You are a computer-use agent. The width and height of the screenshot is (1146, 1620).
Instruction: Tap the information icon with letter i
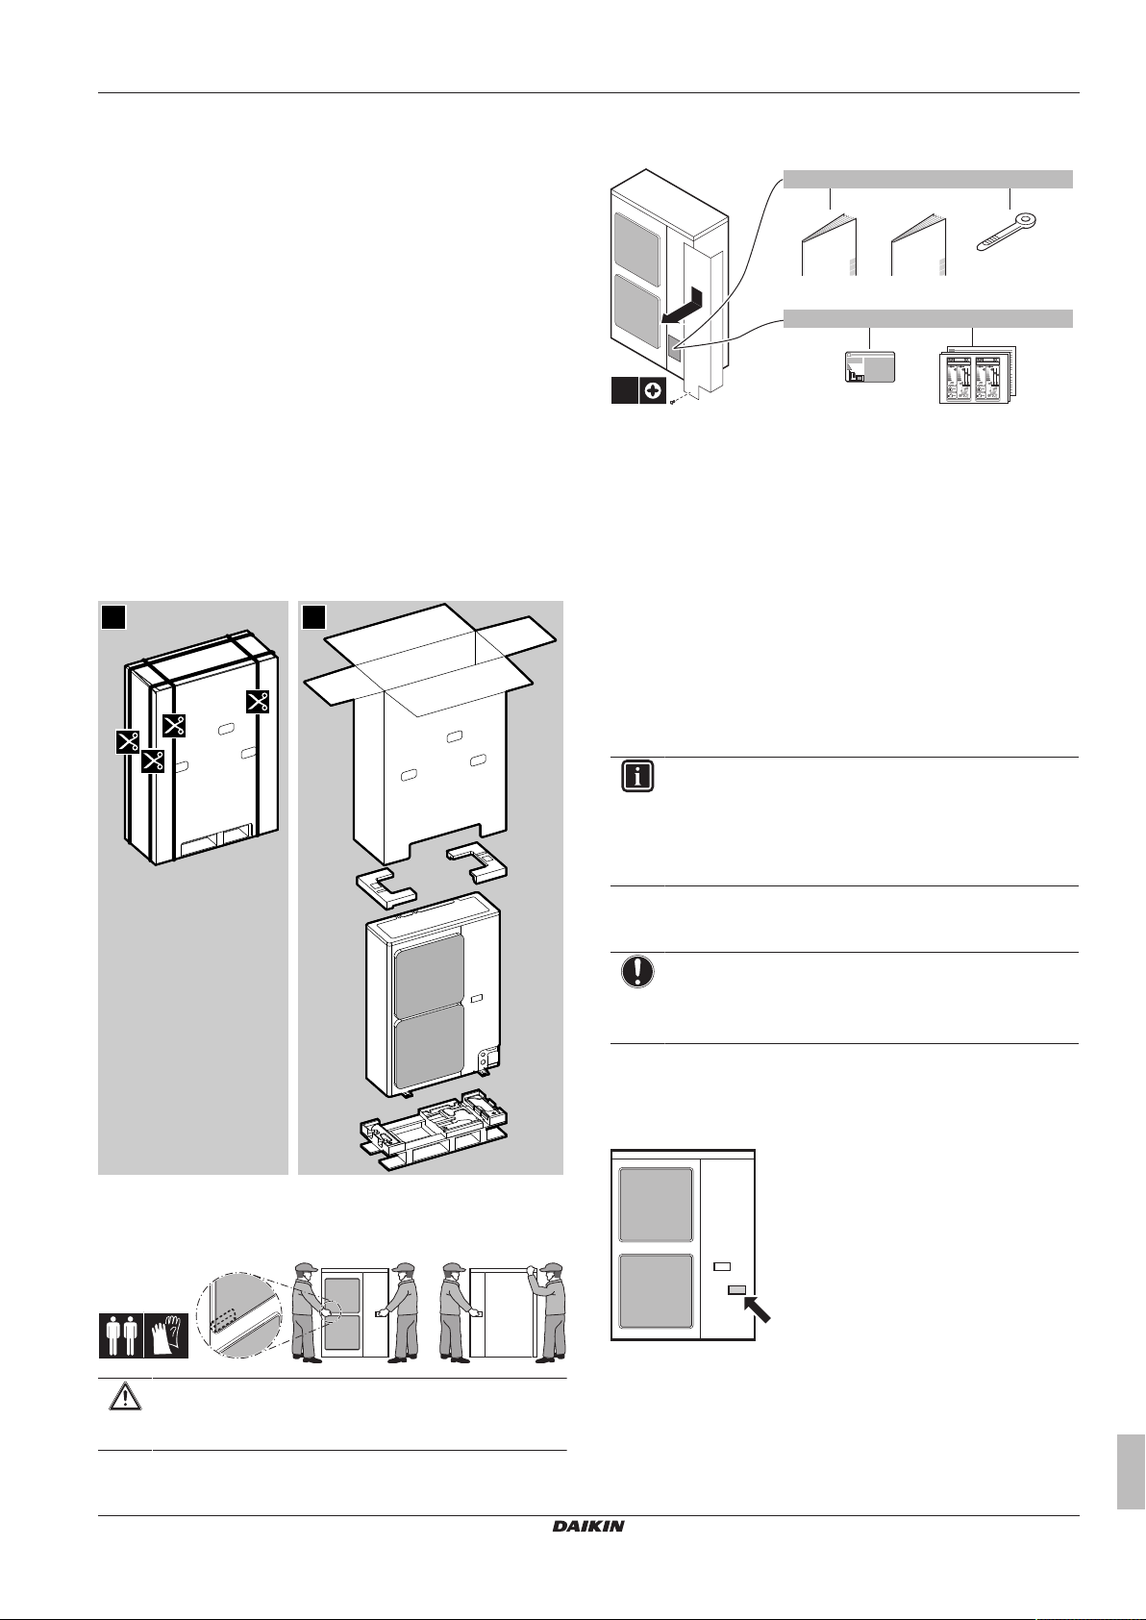[637, 777]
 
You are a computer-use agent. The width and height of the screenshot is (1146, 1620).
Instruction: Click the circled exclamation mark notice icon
[637, 971]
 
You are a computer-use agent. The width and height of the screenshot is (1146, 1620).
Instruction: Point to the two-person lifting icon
[121, 1335]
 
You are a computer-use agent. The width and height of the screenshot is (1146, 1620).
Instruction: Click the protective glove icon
[166, 1335]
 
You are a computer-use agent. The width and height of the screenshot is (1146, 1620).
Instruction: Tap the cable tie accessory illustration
[1008, 232]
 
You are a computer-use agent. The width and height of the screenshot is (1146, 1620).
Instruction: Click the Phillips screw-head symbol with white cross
[653, 390]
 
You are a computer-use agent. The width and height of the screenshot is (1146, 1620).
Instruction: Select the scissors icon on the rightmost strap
[258, 701]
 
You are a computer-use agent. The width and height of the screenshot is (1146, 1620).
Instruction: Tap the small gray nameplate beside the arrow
[736, 1289]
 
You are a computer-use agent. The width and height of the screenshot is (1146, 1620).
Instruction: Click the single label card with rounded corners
[869, 366]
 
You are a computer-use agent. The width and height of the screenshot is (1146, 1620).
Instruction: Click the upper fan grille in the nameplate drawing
[657, 1204]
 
